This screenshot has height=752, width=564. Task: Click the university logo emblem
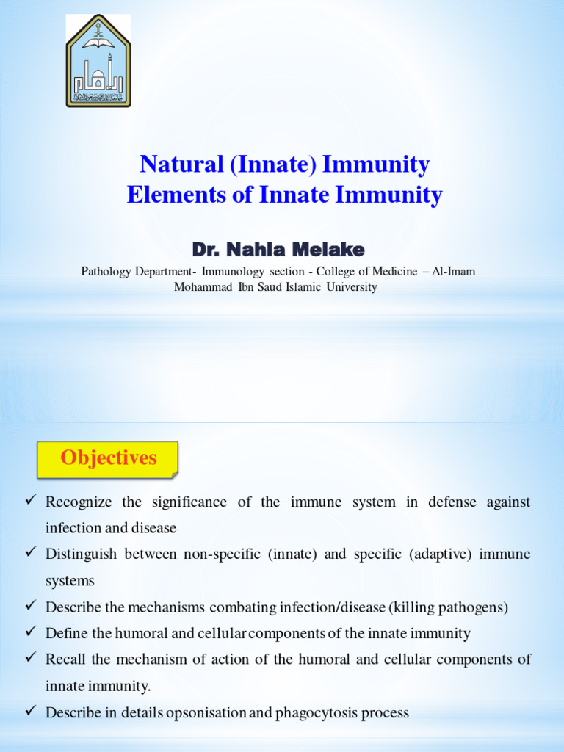point(98,62)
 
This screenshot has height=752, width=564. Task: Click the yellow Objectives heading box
point(108,458)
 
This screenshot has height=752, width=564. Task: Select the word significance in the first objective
point(189,502)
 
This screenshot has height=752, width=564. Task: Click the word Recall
point(65,659)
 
